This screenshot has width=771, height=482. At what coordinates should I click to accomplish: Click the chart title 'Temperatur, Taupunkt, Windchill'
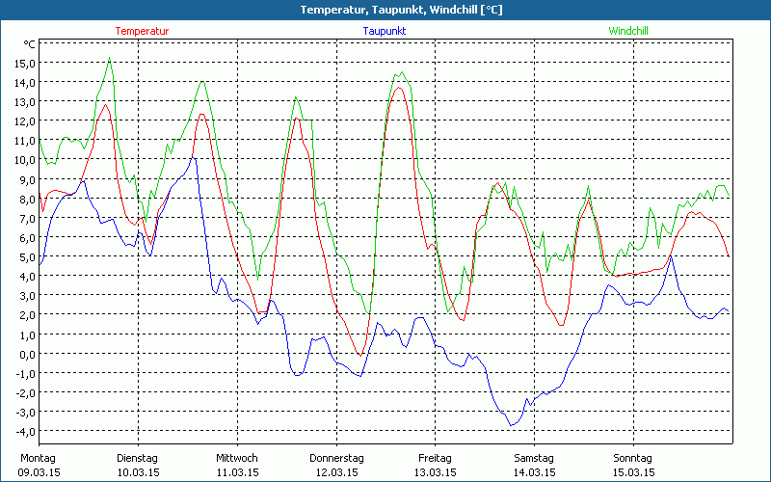385,10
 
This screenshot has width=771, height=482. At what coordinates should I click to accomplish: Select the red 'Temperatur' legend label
142,31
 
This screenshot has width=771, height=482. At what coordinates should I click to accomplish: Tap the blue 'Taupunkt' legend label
385,31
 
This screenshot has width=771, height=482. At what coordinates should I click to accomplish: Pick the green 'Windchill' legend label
627,31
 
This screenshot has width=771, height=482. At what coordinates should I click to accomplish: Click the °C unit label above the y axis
30,44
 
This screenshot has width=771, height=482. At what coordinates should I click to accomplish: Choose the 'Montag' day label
38,458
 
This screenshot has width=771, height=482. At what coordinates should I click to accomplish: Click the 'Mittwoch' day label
236,458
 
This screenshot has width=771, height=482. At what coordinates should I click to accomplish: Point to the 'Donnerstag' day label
336,458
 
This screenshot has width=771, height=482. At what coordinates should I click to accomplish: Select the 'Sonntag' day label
632,458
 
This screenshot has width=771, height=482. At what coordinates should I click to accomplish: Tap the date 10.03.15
137,472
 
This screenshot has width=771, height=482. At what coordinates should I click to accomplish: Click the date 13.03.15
435,472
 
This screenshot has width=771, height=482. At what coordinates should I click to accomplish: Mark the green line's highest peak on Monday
110,58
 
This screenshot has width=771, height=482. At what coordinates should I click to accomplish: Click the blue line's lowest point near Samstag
512,425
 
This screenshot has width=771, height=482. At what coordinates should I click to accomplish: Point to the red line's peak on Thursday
398,88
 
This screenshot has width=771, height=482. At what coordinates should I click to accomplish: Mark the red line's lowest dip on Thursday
360,355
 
